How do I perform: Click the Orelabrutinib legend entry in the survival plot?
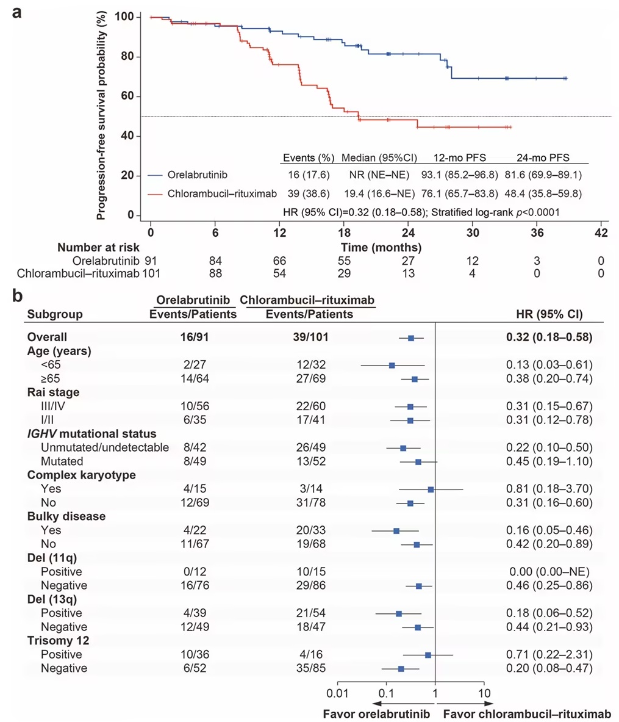click(x=188, y=175)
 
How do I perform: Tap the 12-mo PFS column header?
click(x=459, y=158)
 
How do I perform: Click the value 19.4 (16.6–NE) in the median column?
click(x=379, y=194)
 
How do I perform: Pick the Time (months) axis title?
click(x=381, y=248)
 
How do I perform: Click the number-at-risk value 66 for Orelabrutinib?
click(x=279, y=261)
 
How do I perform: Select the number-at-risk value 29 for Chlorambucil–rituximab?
click(x=344, y=273)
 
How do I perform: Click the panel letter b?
click(x=18, y=295)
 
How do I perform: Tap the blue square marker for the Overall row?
click(x=411, y=339)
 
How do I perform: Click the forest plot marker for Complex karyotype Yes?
click(x=431, y=489)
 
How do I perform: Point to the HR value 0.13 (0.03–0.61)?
click(x=549, y=365)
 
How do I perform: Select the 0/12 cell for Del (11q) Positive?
click(x=195, y=572)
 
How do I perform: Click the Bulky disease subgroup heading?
click(x=66, y=516)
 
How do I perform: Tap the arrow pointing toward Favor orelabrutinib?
click(x=403, y=704)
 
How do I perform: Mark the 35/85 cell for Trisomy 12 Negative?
click(x=311, y=668)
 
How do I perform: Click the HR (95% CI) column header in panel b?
click(x=549, y=314)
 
